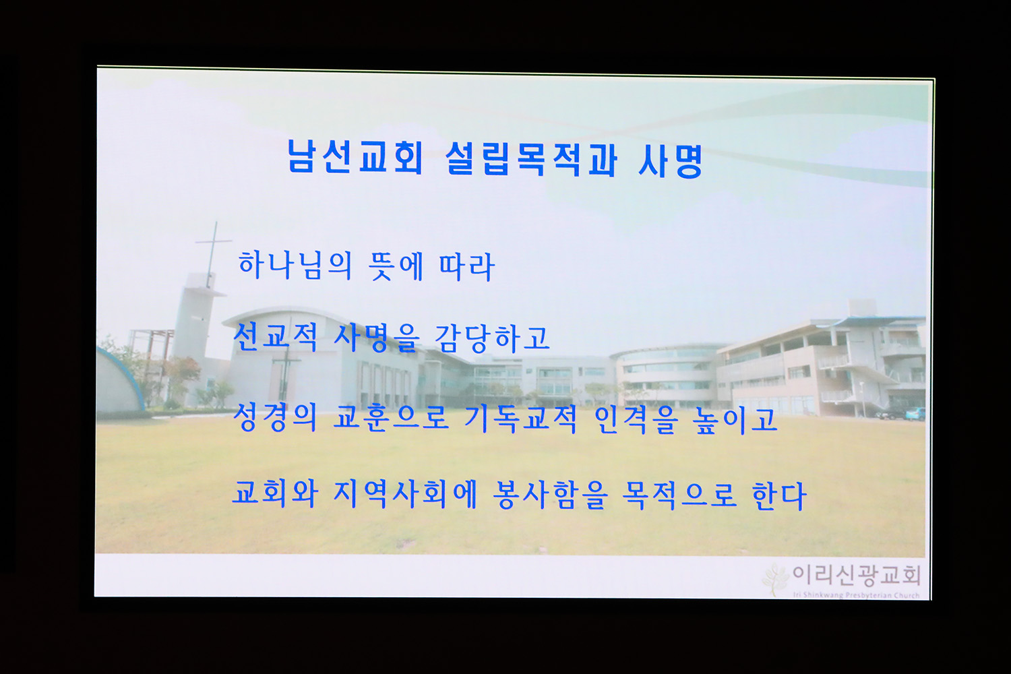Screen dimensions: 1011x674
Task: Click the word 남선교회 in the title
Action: (356, 156)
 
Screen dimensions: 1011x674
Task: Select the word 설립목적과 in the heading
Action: (531, 159)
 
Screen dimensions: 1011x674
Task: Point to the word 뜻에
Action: (396, 266)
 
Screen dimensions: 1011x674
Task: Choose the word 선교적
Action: (275, 337)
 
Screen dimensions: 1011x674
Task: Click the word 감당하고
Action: (492, 338)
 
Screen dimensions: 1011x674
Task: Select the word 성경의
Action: (275, 418)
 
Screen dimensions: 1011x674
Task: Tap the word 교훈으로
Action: (391, 419)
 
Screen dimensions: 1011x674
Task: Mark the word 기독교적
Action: (520, 419)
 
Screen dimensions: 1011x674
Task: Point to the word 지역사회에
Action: (405, 494)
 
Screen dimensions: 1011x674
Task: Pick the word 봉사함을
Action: (550, 495)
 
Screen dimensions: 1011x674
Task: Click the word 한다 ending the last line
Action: (778, 496)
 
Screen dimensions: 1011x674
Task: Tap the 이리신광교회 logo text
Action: (857, 576)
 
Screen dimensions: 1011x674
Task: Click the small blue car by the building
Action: (915, 414)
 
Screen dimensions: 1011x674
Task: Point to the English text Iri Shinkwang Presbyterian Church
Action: (856, 595)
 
